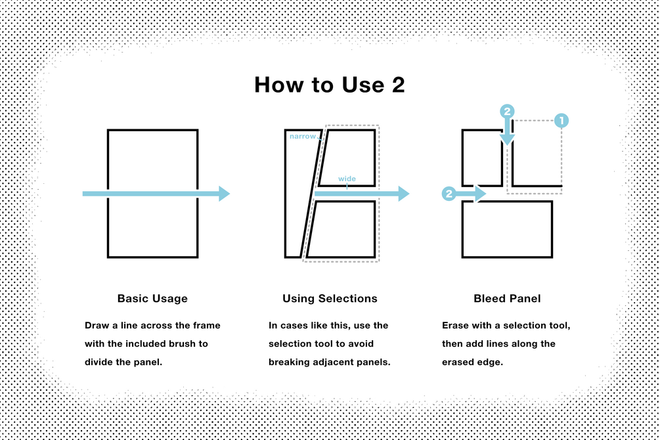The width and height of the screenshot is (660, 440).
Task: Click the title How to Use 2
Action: tap(330, 85)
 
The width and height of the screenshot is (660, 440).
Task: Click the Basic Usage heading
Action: tap(152, 299)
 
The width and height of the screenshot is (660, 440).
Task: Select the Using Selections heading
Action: tap(330, 299)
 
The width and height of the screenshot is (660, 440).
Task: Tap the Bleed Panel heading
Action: tap(507, 299)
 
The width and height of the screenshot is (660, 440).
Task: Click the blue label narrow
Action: tap(303, 137)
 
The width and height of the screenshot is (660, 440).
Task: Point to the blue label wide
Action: tap(347, 179)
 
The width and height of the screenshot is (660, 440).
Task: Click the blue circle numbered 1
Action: tap(561, 120)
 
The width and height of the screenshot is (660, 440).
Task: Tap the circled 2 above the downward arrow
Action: tap(507, 111)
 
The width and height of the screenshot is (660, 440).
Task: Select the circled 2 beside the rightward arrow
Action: tap(449, 194)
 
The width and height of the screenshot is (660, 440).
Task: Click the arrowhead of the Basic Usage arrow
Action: tap(224, 194)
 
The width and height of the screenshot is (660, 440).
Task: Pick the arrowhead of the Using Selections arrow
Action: tap(404, 194)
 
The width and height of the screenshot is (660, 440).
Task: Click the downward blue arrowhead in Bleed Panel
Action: tap(507, 140)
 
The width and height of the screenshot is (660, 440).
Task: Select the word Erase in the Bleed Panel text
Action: tap(453, 326)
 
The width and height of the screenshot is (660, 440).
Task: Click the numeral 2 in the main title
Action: tap(398, 85)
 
